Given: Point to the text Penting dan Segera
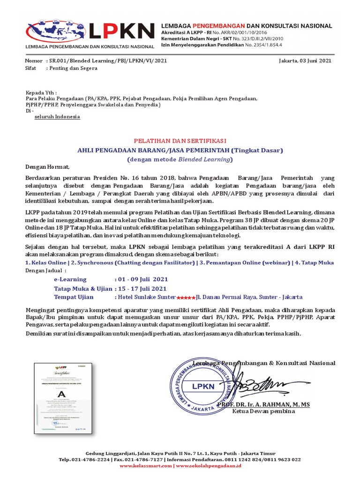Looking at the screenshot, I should tap(73, 68).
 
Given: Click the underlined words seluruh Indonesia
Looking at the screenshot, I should tap(57, 117).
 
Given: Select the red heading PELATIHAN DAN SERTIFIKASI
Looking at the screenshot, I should tap(180, 141).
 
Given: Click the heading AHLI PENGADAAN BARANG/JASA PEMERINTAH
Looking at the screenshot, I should tap(154, 150).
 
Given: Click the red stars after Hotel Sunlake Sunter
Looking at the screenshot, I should tap(186, 298).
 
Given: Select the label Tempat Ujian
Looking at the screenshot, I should tap(74, 297).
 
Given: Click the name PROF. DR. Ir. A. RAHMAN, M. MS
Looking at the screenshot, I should tap(263, 404).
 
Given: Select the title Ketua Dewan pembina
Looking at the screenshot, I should tap(263, 412).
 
